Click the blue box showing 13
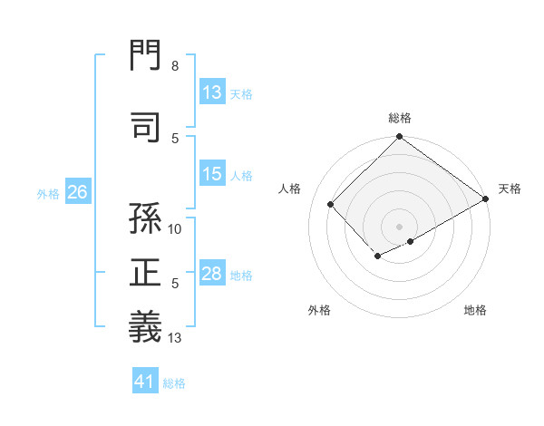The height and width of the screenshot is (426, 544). click(212, 92)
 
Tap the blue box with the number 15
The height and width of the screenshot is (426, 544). click(212, 175)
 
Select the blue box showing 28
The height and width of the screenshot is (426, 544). click(212, 275)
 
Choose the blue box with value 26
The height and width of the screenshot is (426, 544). click(78, 192)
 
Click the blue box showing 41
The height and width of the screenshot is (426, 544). click(145, 382)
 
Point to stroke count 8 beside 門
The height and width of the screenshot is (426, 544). click(174, 66)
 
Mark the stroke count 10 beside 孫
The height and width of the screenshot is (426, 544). click(175, 228)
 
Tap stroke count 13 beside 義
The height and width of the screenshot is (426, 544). click(175, 338)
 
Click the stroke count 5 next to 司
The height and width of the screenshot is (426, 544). click(175, 138)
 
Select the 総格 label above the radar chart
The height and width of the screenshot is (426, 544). click(400, 118)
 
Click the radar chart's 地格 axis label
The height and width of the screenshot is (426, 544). click(475, 310)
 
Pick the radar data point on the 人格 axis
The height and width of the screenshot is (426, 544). click(331, 205)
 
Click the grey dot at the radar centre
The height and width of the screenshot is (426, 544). click(399, 226)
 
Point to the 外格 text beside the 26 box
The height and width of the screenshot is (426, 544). click(48, 193)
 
